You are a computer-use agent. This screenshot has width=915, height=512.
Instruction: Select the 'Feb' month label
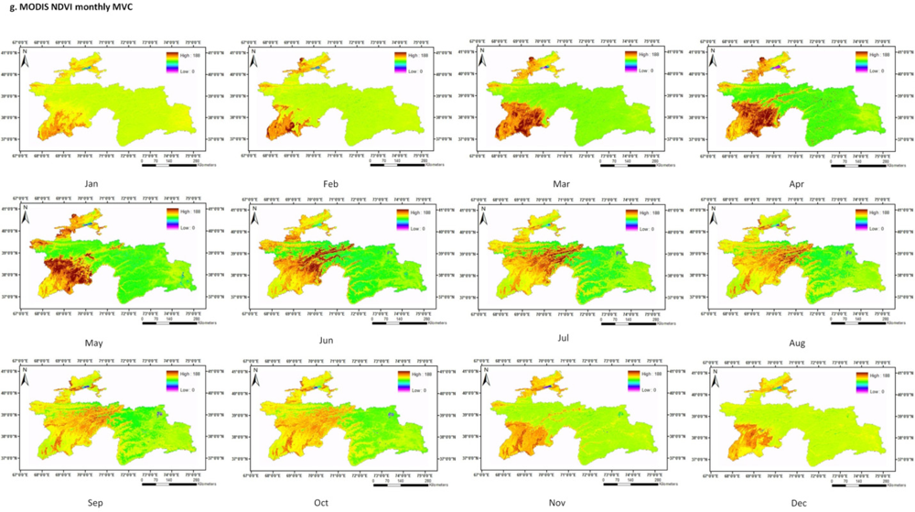click(330, 184)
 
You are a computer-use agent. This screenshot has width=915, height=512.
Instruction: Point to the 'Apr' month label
click(797, 184)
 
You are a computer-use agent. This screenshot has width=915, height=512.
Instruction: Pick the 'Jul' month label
click(564, 338)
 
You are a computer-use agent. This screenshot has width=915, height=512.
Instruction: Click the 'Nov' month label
click(563, 502)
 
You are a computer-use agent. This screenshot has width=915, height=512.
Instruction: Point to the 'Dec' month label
click(797, 502)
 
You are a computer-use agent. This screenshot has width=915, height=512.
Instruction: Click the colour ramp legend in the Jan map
click(171, 61)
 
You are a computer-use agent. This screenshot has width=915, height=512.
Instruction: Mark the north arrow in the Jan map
click(25, 53)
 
